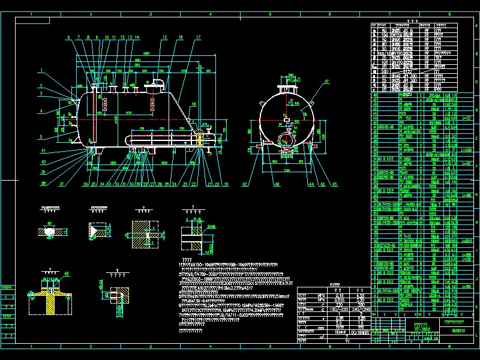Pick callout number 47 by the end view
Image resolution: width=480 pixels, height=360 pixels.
tap(327, 80)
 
